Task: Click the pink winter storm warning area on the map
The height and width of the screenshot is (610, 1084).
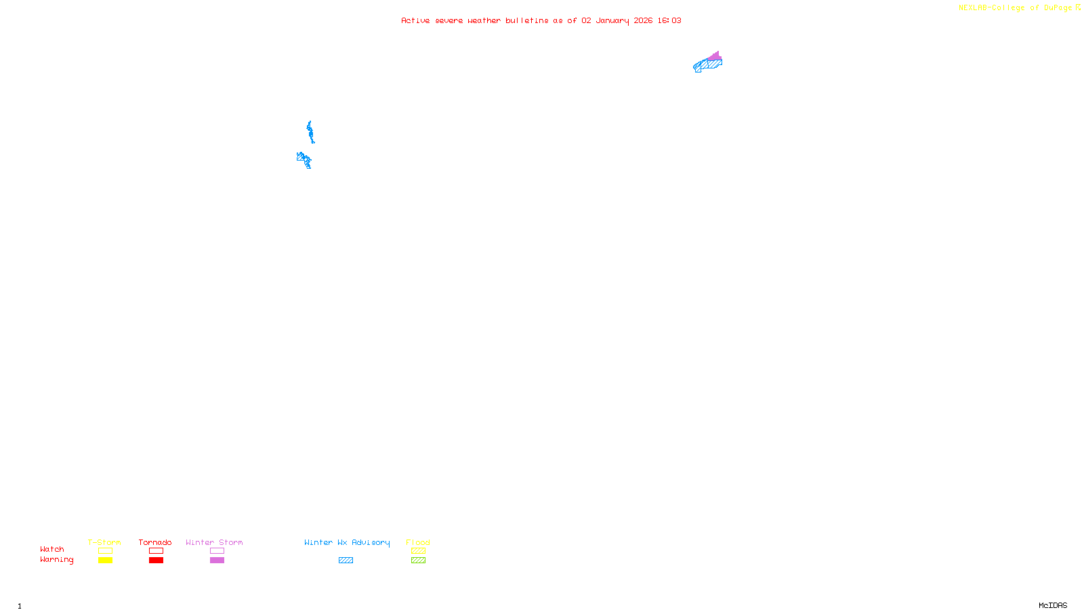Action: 715,56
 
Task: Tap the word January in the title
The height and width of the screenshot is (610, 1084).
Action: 612,20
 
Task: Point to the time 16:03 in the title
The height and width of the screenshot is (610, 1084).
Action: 669,20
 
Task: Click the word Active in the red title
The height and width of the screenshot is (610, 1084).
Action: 415,20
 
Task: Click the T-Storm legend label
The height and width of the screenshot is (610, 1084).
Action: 104,542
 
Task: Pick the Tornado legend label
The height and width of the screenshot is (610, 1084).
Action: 155,542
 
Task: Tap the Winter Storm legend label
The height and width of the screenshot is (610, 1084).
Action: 214,542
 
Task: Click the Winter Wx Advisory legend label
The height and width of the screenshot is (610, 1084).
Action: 347,542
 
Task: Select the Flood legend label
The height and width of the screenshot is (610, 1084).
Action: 418,542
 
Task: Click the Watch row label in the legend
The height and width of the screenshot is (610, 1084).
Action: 52,549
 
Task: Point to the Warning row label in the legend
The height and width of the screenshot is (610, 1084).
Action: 56,560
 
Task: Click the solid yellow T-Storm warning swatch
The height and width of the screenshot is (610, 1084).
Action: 105,561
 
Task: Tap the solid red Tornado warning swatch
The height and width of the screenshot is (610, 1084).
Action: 156,561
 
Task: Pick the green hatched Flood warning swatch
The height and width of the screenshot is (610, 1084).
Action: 418,561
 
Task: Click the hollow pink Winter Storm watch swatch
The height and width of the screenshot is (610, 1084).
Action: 217,551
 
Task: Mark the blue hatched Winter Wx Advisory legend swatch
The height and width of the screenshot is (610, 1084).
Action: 346,561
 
